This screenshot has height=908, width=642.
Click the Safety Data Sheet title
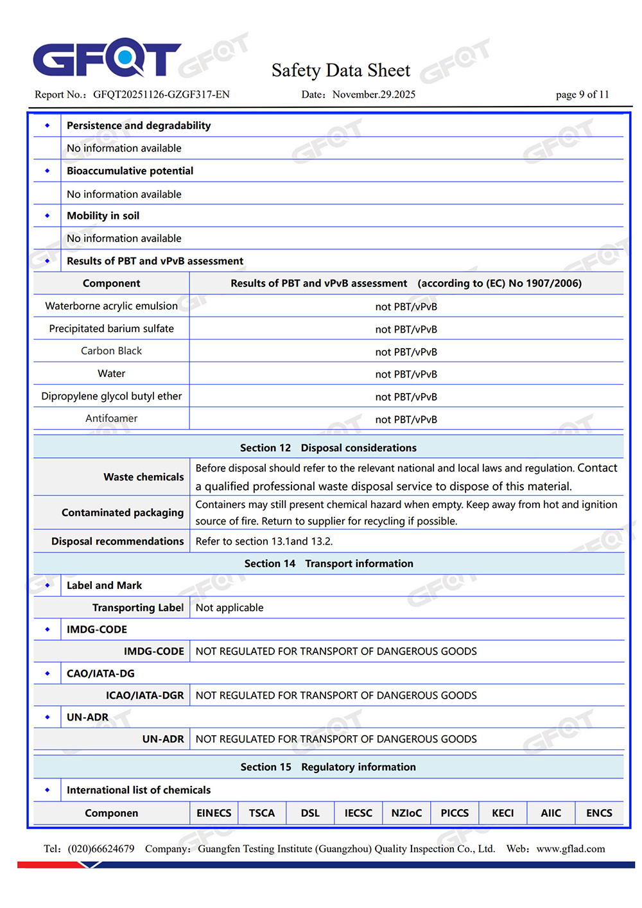pos(340,70)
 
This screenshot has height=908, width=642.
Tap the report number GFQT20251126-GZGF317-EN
pos(161,94)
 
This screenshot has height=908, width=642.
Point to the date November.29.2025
pos(374,94)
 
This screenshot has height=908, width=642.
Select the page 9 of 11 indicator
pos(582,94)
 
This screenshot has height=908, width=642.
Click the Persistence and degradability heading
pos(139,125)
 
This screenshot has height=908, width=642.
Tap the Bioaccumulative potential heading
pos(130,171)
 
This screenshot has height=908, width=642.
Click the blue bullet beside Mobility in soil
pos(48,216)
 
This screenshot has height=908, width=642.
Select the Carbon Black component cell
pos(111,351)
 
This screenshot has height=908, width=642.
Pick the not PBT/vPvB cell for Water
pos(406,374)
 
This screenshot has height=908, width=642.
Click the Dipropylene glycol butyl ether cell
pos(111,396)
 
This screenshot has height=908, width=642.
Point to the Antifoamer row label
pos(111,418)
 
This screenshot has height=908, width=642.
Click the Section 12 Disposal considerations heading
pos(328,448)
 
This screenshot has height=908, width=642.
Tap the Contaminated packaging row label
pos(123,512)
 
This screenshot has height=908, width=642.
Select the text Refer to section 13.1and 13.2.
pos(264,541)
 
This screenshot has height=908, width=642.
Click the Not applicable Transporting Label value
pos(229,607)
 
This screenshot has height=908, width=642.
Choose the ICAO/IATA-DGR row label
pos(145,695)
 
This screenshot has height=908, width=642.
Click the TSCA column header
pos(262,813)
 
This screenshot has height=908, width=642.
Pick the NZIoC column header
pos(406,813)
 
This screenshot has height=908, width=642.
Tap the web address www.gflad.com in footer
pos(571,849)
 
